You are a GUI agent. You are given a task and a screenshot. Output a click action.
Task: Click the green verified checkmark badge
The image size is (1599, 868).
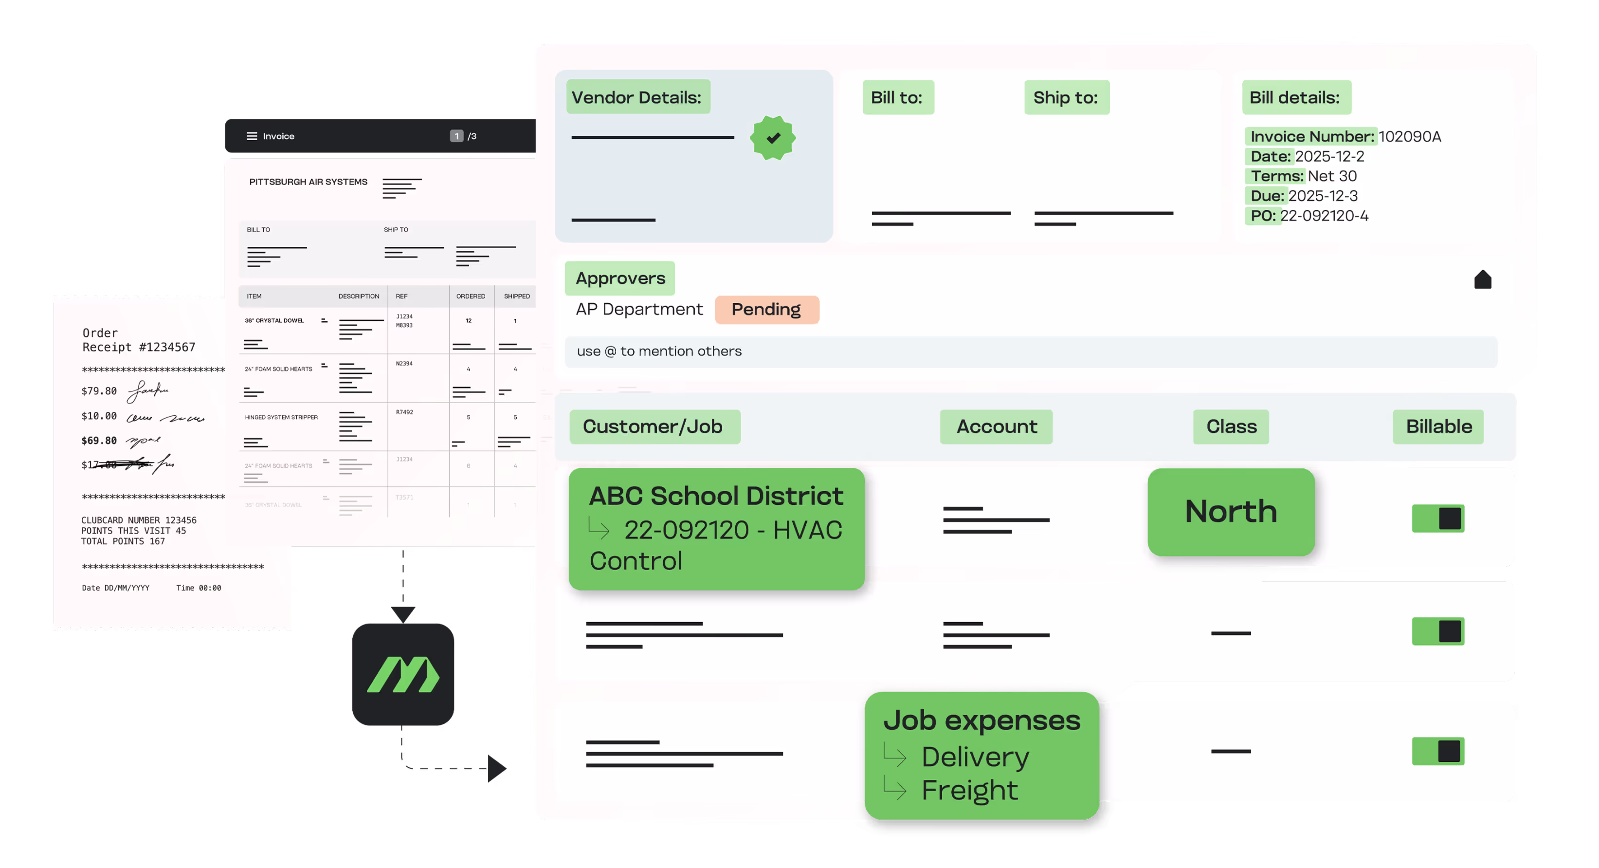(x=772, y=138)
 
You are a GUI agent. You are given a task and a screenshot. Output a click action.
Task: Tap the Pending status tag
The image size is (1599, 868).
(x=766, y=309)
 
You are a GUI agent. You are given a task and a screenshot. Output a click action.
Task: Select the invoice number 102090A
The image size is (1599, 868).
(x=1409, y=137)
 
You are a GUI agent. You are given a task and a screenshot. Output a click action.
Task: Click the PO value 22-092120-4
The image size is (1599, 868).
(x=1324, y=216)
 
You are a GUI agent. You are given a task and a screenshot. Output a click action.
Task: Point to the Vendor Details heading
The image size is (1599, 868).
(x=637, y=97)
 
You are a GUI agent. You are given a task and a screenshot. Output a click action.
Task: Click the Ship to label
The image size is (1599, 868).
(x=1066, y=97)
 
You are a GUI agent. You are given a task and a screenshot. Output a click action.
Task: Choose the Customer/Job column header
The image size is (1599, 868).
(x=654, y=426)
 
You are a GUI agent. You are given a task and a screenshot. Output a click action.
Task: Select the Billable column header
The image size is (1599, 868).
(x=1438, y=426)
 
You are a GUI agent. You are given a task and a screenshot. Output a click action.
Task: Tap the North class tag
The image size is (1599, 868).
(x=1231, y=512)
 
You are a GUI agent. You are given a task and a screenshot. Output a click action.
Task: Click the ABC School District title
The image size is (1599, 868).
(x=716, y=496)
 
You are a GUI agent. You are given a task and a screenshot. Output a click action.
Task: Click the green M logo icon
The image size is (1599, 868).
(x=403, y=674)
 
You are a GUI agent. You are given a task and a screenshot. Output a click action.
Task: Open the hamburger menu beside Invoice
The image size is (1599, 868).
(x=252, y=136)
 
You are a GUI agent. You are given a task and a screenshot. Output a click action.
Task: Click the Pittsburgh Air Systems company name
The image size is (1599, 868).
(x=308, y=182)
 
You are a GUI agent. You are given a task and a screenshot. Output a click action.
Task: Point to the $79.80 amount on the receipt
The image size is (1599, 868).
(x=99, y=391)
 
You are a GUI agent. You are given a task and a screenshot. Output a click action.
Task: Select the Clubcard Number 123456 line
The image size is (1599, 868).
(x=138, y=520)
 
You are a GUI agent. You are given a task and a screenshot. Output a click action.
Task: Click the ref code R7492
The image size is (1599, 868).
(x=404, y=412)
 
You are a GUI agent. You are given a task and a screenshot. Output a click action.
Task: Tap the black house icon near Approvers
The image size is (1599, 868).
(x=1482, y=280)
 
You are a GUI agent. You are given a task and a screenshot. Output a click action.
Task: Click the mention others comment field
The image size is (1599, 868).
(x=1031, y=351)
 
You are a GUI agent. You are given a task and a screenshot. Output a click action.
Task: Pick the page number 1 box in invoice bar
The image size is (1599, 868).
(x=456, y=136)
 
